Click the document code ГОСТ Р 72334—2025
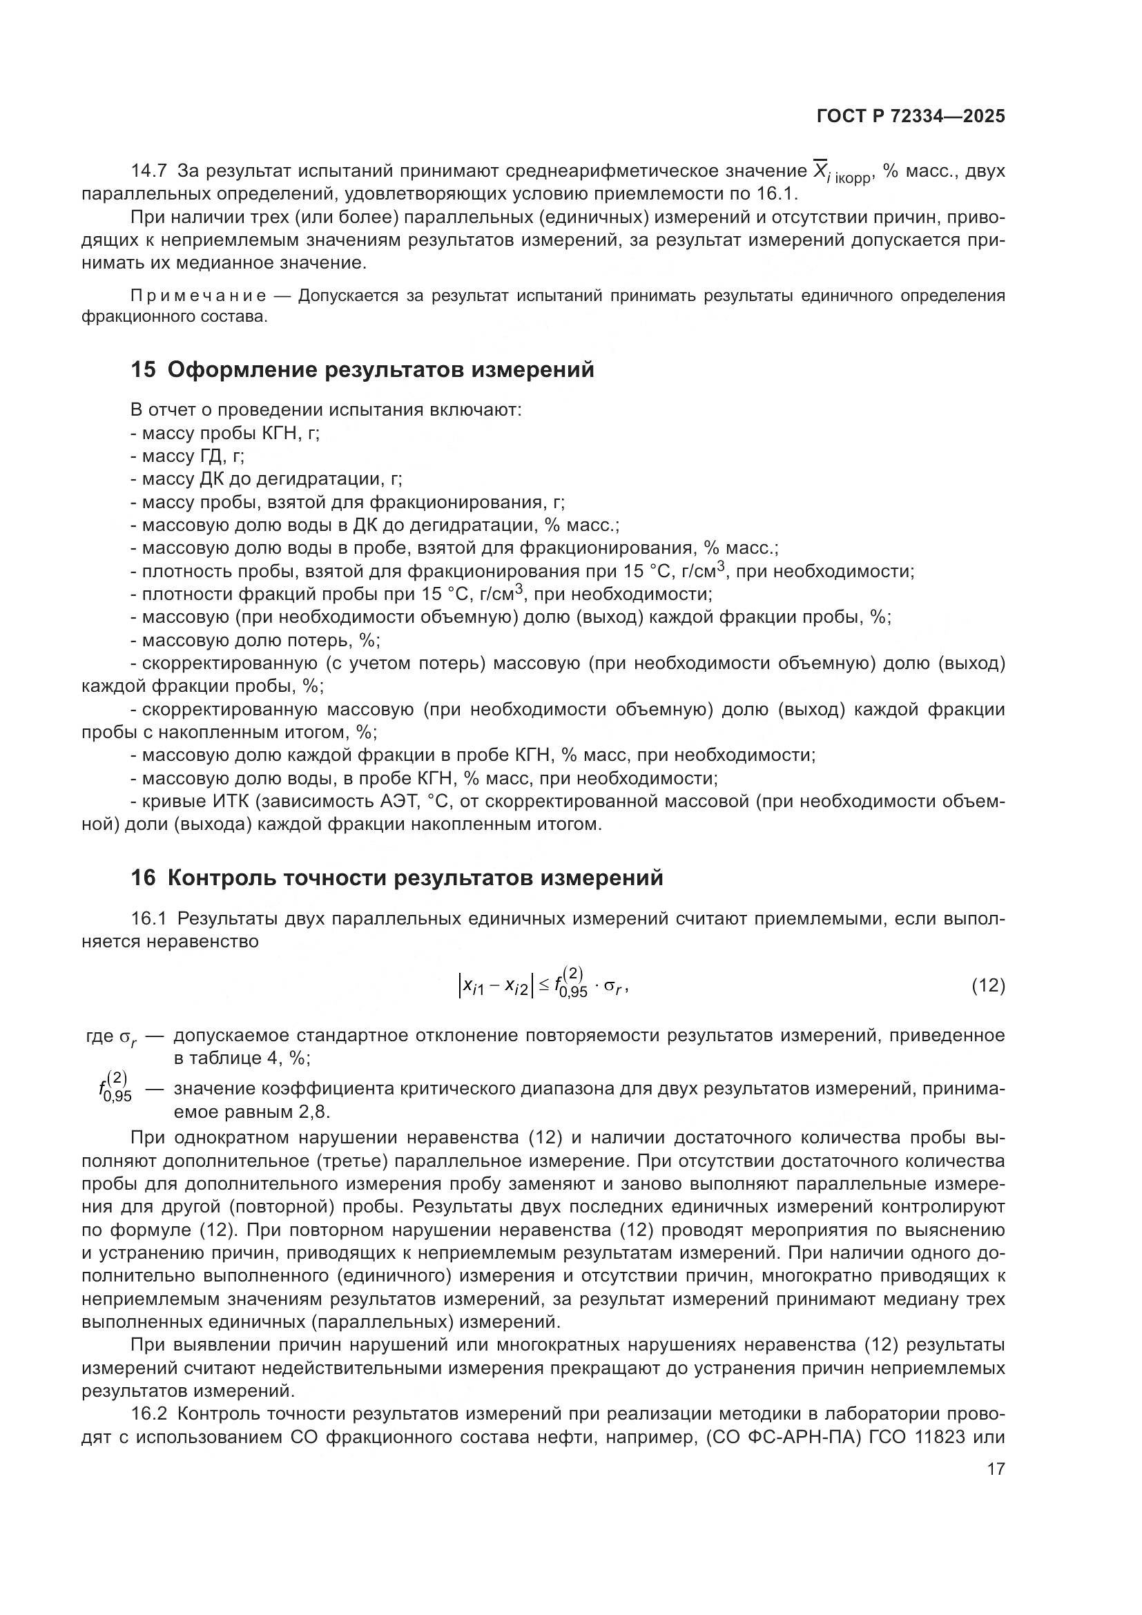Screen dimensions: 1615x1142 [x=911, y=117]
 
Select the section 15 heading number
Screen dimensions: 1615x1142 [x=143, y=370]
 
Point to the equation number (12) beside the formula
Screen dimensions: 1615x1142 [x=987, y=986]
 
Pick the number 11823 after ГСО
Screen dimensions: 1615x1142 [x=940, y=1437]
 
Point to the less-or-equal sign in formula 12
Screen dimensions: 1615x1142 [x=543, y=987]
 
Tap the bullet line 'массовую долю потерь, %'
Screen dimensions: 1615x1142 [x=255, y=641]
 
